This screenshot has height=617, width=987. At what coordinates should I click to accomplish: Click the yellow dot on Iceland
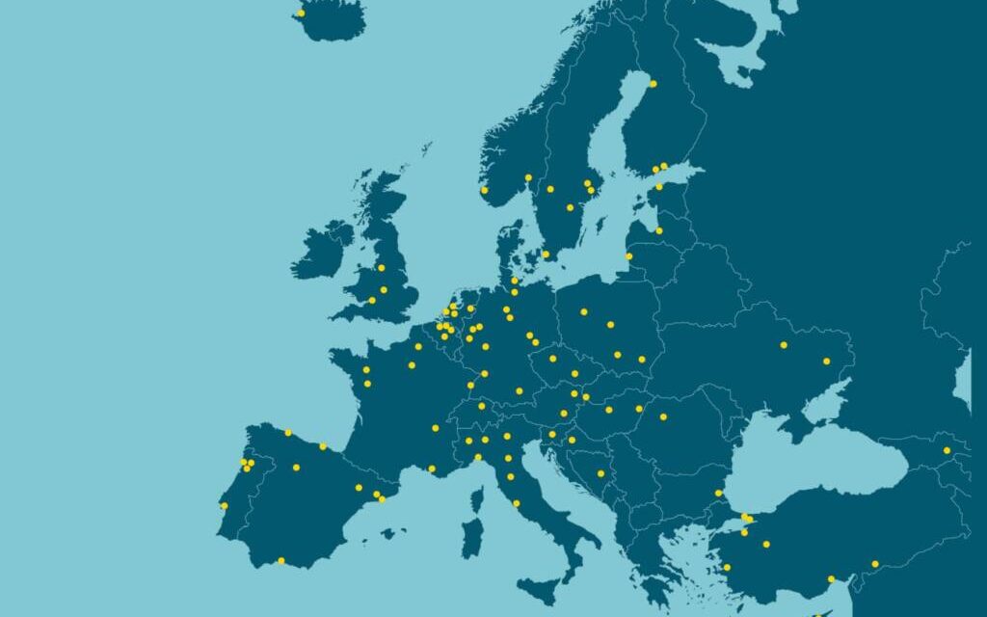(301, 13)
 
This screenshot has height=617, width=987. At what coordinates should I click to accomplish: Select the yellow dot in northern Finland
(653, 84)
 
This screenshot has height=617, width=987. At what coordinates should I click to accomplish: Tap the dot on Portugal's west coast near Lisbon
(224, 505)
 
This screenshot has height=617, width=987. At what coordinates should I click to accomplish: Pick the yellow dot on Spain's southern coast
(280, 560)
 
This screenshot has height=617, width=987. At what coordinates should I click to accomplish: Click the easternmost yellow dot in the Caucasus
(947, 450)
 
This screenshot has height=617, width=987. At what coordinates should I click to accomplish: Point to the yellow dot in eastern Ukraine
(826, 361)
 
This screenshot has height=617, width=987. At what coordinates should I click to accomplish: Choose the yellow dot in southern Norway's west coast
(484, 189)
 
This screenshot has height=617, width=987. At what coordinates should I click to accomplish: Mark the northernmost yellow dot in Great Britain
(381, 267)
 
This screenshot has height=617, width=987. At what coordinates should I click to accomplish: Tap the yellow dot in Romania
(663, 416)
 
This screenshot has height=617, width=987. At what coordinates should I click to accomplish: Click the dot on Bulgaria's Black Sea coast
(718, 493)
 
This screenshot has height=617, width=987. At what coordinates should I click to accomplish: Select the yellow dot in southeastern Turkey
(875, 564)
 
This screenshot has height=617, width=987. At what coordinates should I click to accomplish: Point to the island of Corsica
(476, 499)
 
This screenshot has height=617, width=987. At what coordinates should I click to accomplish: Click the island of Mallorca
(388, 532)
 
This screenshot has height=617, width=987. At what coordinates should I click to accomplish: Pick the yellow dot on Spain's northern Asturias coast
(287, 433)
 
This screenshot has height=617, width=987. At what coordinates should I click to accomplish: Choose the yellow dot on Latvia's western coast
(629, 256)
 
